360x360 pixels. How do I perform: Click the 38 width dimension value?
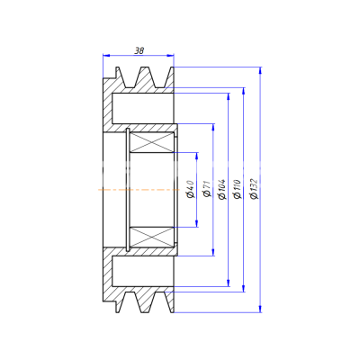[x=139, y=50]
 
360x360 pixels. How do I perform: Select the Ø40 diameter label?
[x=191, y=189]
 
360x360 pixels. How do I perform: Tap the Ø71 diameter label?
[x=207, y=189]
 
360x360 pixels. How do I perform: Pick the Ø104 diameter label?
[x=222, y=189]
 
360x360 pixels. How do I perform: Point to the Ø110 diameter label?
[x=238, y=189]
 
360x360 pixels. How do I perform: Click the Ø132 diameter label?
[x=254, y=189]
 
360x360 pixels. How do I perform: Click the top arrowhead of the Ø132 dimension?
[x=260, y=70]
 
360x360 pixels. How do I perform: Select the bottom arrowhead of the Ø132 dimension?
[x=260, y=309]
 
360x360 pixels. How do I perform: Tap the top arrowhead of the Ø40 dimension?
[x=197, y=156]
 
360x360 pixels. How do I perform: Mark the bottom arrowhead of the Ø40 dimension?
[x=197, y=223]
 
